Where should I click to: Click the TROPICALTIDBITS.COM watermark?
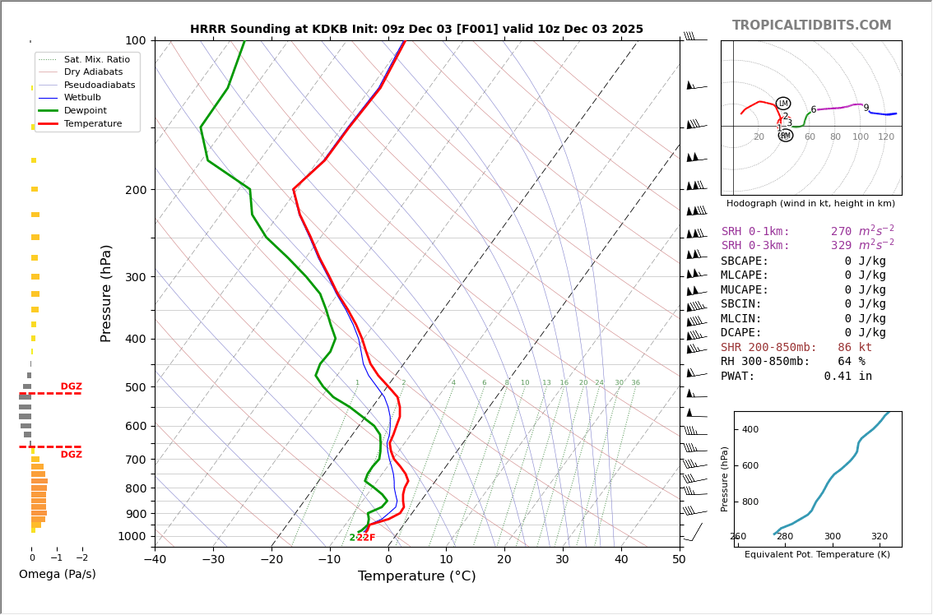click(x=811, y=25)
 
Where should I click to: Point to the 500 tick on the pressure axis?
click(x=136, y=387)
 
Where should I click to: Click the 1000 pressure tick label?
click(x=132, y=537)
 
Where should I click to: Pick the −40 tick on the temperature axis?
click(x=155, y=560)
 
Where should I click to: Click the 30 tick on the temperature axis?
click(x=563, y=560)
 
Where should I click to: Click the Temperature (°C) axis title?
click(x=416, y=576)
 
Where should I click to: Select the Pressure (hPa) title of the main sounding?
click(x=107, y=293)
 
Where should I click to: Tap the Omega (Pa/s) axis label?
click(x=57, y=574)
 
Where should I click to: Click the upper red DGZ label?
click(x=71, y=386)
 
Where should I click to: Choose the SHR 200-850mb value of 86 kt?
click(x=854, y=347)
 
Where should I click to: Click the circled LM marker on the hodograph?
click(x=782, y=104)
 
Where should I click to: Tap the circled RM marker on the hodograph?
click(x=785, y=136)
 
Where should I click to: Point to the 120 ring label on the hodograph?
click(x=885, y=136)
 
